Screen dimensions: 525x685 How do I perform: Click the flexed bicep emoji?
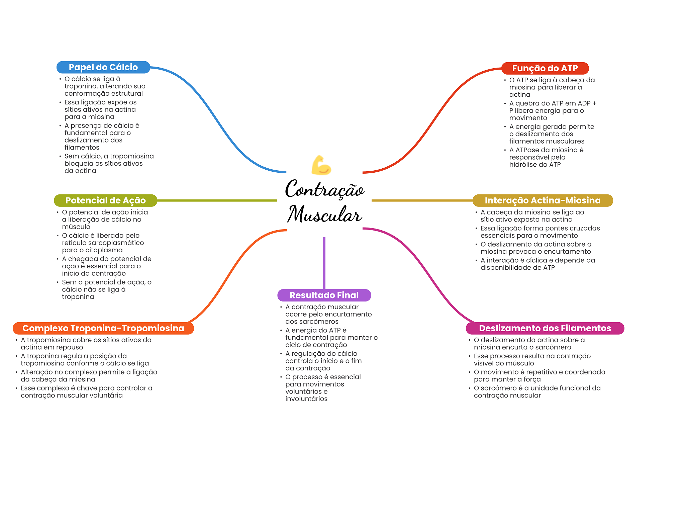(321, 165)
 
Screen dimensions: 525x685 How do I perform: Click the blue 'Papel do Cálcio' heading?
(103, 67)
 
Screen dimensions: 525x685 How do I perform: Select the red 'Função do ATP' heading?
(545, 68)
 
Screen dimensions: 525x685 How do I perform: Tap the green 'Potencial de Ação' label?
(105, 200)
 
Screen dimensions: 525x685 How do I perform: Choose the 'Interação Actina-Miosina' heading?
(543, 200)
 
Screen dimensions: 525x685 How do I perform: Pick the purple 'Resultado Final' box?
(324, 295)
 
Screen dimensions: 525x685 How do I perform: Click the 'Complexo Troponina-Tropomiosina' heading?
(103, 328)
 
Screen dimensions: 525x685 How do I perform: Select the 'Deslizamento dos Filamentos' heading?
(545, 328)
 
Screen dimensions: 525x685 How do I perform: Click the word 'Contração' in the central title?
(324, 189)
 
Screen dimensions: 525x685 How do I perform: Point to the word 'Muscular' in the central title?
(324, 215)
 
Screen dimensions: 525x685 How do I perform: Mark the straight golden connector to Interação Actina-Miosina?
(421, 200)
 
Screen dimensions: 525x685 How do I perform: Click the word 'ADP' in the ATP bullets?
(584, 103)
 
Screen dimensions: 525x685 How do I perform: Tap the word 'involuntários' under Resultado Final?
(306, 399)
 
